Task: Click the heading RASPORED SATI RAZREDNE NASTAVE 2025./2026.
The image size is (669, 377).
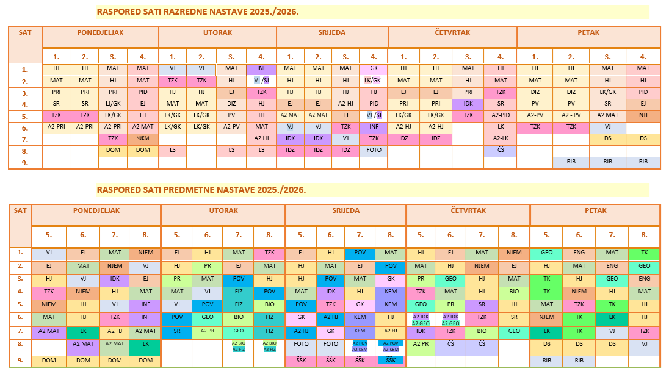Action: pos(198,12)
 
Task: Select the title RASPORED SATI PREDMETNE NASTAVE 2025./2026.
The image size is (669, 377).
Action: pos(201,190)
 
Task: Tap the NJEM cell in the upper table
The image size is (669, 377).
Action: pos(143,139)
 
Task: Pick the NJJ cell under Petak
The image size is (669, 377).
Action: pos(643,115)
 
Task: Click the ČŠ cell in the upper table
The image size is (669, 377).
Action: pos(501,151)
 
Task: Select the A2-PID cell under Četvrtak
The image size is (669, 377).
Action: pos(501,115)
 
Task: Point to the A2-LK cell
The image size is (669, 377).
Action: pos(501,139)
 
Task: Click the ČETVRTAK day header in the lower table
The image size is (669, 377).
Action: pos(468,211)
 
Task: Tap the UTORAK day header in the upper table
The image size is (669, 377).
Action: pos(217,32)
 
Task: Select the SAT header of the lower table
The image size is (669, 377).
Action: pos(20,210)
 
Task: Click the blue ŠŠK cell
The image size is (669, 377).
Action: pos(391,361)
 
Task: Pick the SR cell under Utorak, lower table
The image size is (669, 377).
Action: pos(176,331)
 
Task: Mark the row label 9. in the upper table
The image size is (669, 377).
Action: pos(25,163)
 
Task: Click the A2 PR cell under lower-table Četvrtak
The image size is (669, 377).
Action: pos(421,345)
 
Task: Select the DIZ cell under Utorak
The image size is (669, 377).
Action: pos(231,104)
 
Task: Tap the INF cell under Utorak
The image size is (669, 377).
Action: pos(261,68)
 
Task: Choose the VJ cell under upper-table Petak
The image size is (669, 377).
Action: pos(607,127)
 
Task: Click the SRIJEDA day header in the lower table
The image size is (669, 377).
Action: pos(345,211)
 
